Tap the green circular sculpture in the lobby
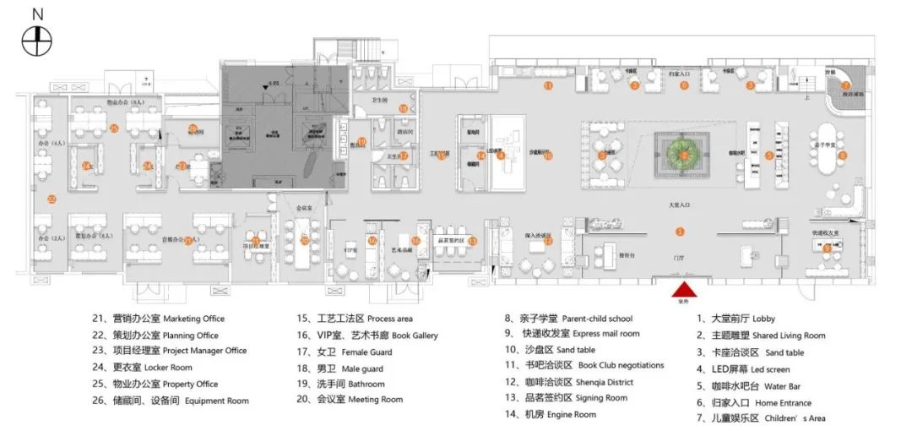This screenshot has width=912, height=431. [684, 155]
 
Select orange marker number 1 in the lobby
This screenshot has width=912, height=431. [681, 230]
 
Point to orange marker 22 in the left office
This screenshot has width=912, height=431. [52, 199]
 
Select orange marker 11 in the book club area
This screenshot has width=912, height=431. [548, 85]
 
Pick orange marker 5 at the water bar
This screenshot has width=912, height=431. [769, 155]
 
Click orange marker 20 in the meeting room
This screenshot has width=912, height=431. [304, 240]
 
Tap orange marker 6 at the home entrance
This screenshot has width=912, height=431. [685, 85]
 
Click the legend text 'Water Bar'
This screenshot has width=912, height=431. [763, 385]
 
